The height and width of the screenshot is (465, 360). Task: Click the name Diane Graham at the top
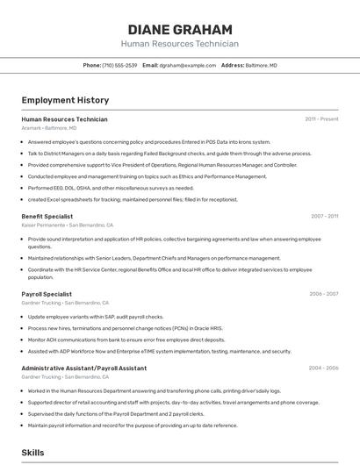(179, 30)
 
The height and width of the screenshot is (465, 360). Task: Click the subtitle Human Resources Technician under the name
(179, 44)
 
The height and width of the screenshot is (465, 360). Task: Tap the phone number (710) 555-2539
(119, 65)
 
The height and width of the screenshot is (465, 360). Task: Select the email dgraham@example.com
(188, 65)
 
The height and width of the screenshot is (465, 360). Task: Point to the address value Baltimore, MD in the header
(262, 65)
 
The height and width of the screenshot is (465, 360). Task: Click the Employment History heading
(65, 100)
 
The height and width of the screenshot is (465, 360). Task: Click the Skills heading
(33, 453)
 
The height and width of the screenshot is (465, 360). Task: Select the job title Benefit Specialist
(47, 216)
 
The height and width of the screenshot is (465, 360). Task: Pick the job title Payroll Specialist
(47, 294)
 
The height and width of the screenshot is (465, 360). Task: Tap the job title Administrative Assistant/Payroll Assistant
(83, 368)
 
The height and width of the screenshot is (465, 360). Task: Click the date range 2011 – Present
(321, 119)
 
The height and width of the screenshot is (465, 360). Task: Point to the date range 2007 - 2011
(324, 216)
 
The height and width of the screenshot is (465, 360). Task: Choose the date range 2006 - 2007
(324, 294)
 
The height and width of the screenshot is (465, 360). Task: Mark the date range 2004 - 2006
(324, 368)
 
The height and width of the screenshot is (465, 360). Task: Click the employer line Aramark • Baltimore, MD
(48, 128)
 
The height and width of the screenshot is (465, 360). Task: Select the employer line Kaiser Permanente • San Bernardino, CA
(67, 225)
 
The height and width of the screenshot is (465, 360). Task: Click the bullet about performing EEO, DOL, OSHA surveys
(111, 188)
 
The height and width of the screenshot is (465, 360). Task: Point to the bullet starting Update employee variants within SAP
(96, 317)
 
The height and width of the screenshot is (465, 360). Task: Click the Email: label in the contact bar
(150, 65)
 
